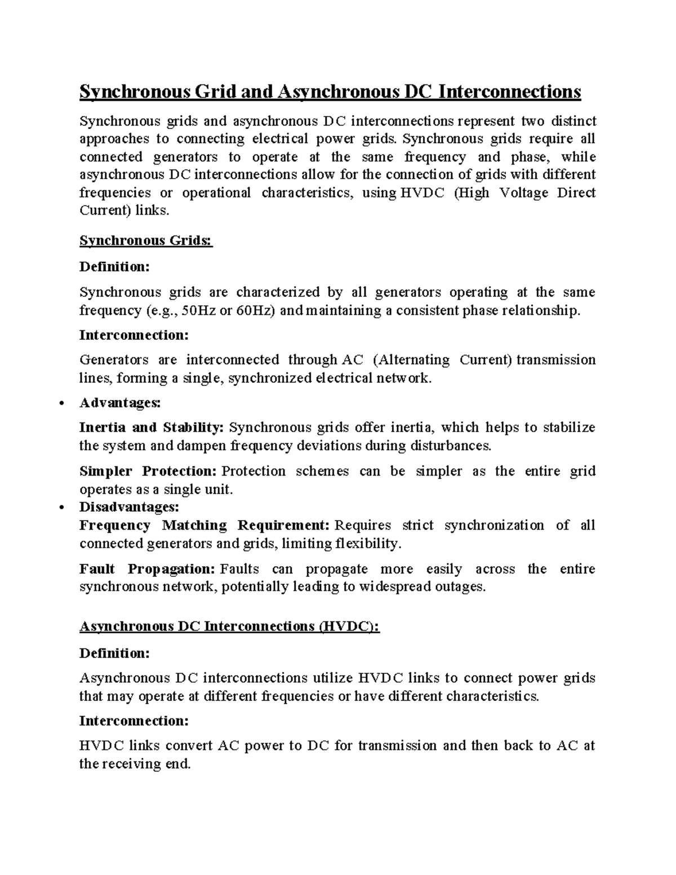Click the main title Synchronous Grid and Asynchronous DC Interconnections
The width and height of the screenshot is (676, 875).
pyautogui.click(x=330, y=92)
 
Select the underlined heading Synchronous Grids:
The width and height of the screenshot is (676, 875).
pyautogui.click(x=146, y=241)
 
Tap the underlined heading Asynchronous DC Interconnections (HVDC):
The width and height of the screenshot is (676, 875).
pyautogui.click(x=229, y=627)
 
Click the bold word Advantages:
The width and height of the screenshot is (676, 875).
pyautogui.click(x=120, y=403)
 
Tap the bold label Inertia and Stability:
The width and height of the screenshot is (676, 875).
pyautogui.click(x=152, y=428)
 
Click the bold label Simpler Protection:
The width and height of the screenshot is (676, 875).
pyautogui.click(x=148, y=471)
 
